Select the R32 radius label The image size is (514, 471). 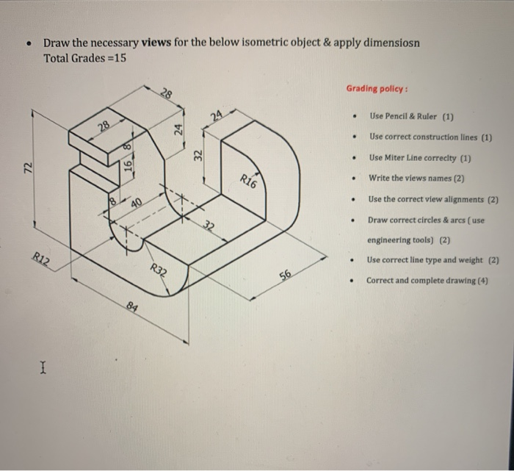159,271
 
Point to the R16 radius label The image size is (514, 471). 249,181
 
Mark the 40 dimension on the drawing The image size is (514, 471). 137,201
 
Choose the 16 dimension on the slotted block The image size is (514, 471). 128,167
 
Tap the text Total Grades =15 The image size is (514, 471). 84,57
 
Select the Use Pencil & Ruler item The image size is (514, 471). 412,116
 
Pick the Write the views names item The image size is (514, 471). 417,178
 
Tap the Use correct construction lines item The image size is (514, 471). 430,137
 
